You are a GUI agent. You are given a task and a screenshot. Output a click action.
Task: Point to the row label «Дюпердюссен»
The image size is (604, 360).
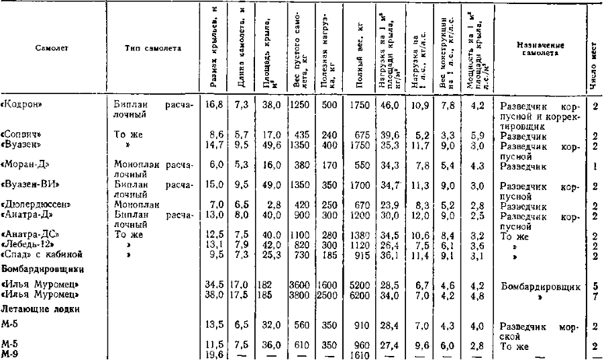point(32,204)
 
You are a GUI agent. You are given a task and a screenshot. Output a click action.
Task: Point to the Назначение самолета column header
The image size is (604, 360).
point(540,48)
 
